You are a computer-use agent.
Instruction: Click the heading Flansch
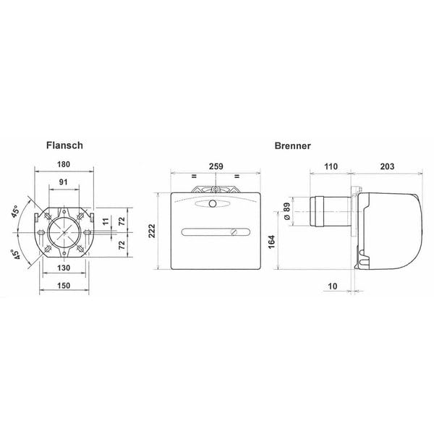point(64,145)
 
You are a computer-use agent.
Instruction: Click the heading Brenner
point(292,145)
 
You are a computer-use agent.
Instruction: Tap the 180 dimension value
point(64,164)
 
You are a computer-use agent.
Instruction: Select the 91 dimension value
point(64,182)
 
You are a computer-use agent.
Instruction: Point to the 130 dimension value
point(64,268)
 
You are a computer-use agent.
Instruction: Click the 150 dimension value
point(64,286)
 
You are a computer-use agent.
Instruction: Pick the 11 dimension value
point(106,222)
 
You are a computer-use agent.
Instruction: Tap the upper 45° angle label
point(15,211)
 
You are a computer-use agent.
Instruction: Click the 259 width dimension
point(216,166)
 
